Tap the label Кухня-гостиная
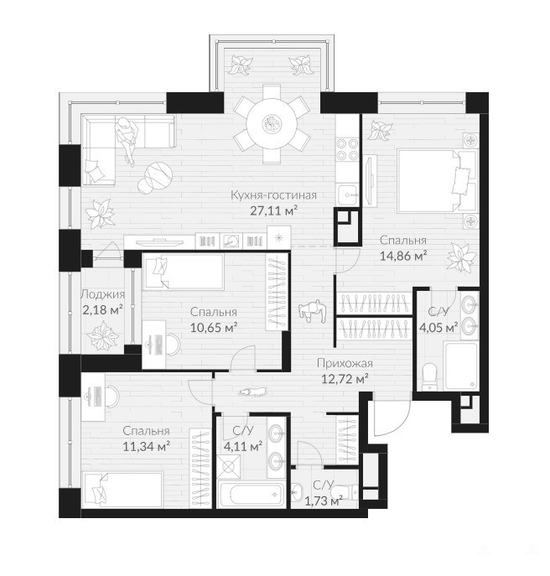tap(273, 195)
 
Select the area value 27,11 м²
tap(273, 210)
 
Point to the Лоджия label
tap(102, 294)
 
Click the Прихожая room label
tap(345, 363)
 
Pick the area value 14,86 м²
tap(403, 256)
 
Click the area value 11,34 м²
tap(146, 446)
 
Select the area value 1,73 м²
tap(324, 501)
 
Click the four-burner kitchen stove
tap(347, 149)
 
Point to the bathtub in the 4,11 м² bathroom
tap(252, 495)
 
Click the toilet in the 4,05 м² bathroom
tap(428, 376)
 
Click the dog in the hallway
tap(252, 392)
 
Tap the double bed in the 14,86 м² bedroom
tap(431, 181)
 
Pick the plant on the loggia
tap(102, 335)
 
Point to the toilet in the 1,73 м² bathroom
tap(343, 492)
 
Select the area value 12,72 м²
tap(345, 379)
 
